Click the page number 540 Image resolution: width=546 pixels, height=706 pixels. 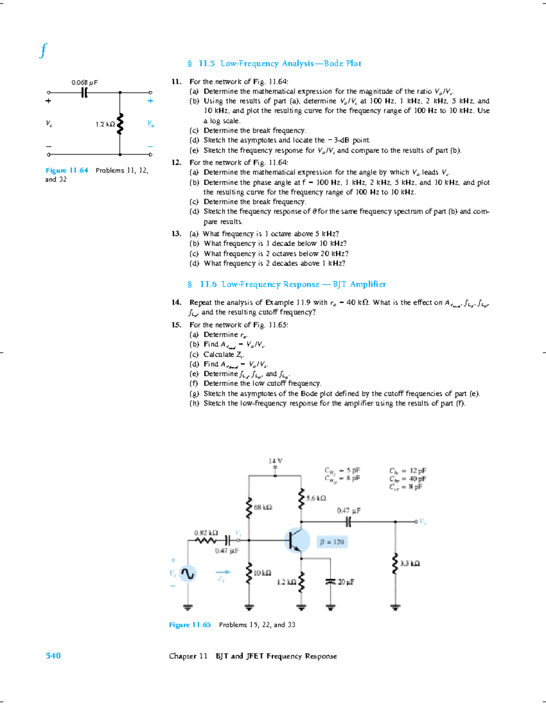53,656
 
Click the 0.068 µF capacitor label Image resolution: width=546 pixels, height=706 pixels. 84,82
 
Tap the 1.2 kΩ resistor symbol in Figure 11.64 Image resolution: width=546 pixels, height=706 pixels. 120,124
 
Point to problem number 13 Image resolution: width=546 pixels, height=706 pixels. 176,234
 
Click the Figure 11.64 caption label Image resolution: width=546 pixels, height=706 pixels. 67,170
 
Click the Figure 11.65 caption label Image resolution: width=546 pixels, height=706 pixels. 190,625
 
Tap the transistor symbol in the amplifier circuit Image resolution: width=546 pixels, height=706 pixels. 297,541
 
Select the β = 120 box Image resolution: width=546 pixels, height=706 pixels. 332,542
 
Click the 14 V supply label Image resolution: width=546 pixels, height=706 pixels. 275,461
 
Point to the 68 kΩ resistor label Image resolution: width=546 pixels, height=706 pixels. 263,507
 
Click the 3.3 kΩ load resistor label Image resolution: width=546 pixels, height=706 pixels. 410,564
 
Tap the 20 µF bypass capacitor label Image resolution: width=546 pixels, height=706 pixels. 346,582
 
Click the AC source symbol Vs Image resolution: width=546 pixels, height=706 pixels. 187,574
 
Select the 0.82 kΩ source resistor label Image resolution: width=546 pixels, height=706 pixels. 206,533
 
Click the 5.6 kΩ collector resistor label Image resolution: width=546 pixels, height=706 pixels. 316,498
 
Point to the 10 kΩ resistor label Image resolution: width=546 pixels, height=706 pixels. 263,573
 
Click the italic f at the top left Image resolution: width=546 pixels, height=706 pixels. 43,50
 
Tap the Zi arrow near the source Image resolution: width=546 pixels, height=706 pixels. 223,572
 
